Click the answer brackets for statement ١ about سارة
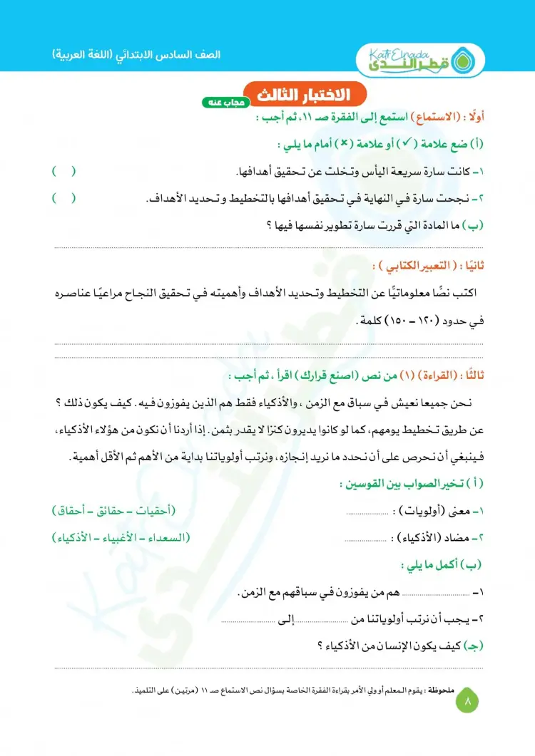63,172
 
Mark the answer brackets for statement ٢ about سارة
63,198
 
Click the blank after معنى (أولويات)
368,512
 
